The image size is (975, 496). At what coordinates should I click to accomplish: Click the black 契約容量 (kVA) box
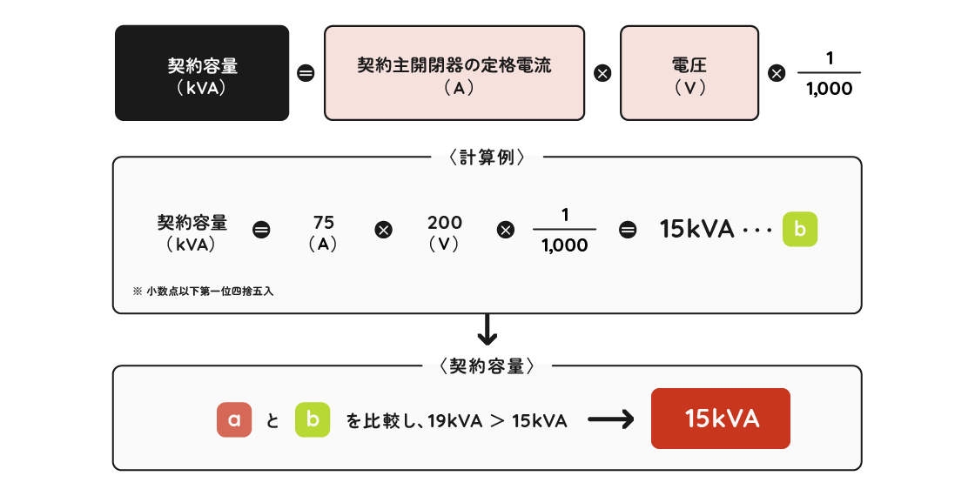point(202,72)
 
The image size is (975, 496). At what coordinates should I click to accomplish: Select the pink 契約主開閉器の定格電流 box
point(454,72)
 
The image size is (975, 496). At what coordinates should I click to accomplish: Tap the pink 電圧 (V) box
point(689,72)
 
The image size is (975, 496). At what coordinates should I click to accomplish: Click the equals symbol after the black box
point(306,74)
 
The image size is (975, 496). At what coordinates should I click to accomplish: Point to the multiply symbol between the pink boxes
point(602,74)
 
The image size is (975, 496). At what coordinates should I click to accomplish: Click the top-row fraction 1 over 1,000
point(829,73)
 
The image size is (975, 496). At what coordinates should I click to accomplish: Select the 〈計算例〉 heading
point(487,158)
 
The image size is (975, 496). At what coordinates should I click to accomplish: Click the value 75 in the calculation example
point(323,223)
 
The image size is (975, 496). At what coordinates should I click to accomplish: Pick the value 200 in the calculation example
point(445,223)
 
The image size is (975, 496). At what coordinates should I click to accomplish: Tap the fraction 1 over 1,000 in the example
point(564,230)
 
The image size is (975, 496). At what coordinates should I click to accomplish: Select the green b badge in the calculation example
point(800,230)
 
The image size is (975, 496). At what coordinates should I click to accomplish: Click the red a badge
point(234,420)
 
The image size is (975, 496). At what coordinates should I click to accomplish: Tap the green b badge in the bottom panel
point(313,420)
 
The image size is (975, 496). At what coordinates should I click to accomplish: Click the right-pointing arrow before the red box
point(611,420)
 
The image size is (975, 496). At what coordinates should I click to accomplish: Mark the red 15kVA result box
point(721,419)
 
